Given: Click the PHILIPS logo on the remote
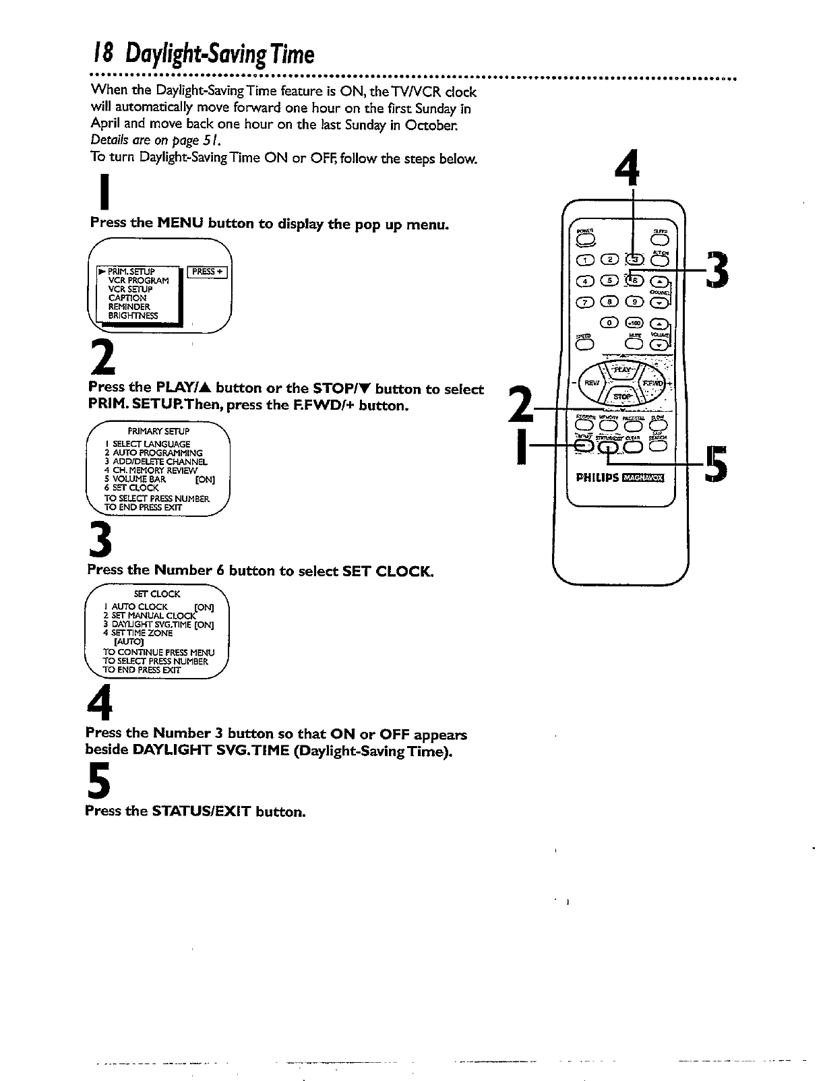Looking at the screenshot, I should coord(597,478).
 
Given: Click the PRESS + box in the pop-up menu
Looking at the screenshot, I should coord(207,272).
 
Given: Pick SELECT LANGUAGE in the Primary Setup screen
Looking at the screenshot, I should coord(151,444).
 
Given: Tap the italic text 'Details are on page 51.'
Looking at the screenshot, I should coord(154,141).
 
